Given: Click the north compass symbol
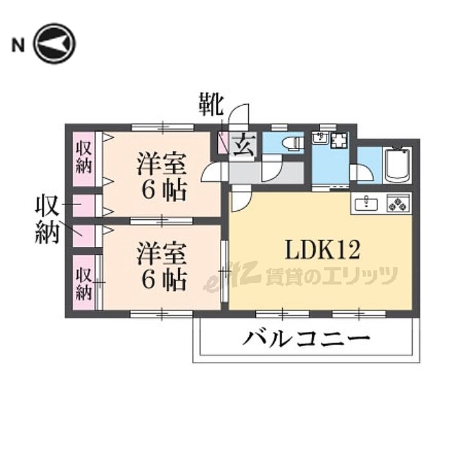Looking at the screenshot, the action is click(x=55, y=44).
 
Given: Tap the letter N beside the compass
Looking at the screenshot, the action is click(x=18, y=45).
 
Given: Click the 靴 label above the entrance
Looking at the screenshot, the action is click(x=210, y=104).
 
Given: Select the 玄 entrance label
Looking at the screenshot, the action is click(x=243, y=145).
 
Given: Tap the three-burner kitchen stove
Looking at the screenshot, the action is click(x=397, y=204).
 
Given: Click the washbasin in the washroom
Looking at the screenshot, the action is click(x=319, y=139).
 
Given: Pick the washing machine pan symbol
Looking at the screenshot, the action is click(x=339, y=140).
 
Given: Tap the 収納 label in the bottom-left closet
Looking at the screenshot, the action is click(x=84, y=283).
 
